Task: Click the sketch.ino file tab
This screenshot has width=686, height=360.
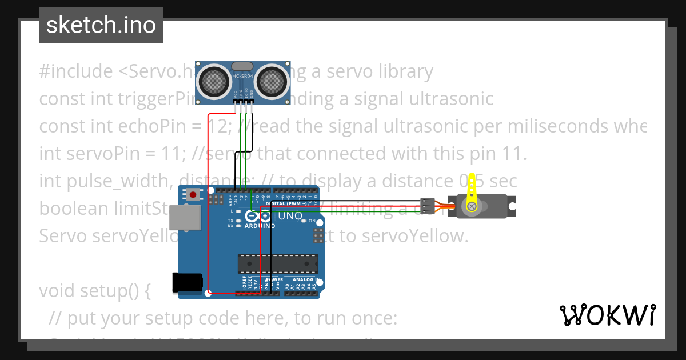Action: click(x=101, y=26)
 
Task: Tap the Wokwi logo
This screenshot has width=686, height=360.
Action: click(x=607, y=315)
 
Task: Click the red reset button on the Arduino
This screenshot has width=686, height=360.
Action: click(x=193, y=195)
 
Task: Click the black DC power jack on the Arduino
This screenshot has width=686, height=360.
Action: click(x=187, y=283)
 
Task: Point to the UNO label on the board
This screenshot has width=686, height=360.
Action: click(x=290, y=216)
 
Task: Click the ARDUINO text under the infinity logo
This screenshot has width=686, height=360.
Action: click(x=261, y=226)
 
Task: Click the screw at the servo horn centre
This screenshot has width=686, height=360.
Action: click(x=472, y=206)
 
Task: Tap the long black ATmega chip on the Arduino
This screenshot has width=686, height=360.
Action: click(x=278, y=263)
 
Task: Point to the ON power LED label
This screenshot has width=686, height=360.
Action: click(x=312, y=221)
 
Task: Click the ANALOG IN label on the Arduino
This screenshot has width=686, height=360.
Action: click(x=306, y=279)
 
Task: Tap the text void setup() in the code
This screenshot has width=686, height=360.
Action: click(x=94, y=291)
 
